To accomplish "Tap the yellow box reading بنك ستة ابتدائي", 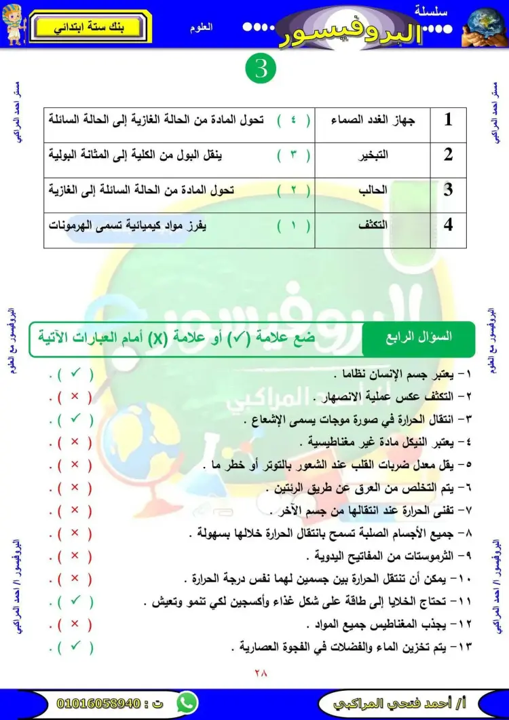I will tap(92, 28).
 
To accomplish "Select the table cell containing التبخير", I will tap(373, 155).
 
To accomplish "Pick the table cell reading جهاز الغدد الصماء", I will tap(373, 121).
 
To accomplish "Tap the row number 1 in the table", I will tap(448, 121).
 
